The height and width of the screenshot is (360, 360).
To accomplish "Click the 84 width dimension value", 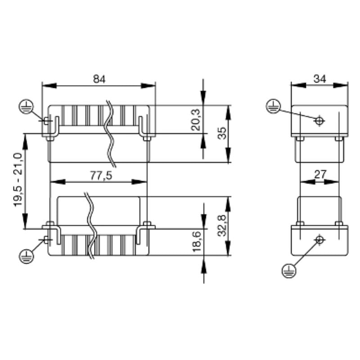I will (x=99, y=79).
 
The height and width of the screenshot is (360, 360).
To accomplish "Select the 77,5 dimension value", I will (x=99, y=175).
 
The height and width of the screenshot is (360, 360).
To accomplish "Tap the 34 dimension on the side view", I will (x=320, y=79).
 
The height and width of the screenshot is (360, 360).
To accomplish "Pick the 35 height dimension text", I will (x=222, y=134).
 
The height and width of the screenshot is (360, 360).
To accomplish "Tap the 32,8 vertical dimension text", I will (x=222, y=226).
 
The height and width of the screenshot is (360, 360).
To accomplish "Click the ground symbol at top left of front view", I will (x=26, y=107).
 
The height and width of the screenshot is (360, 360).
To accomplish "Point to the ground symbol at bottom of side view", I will (x=288, y=270).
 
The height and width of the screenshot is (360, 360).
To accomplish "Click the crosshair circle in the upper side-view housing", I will (x=319, y=121).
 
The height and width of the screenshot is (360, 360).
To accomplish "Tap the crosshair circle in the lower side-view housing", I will (x=319, y=239).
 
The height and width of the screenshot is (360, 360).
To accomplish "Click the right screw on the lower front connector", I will (x=147, y=224).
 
